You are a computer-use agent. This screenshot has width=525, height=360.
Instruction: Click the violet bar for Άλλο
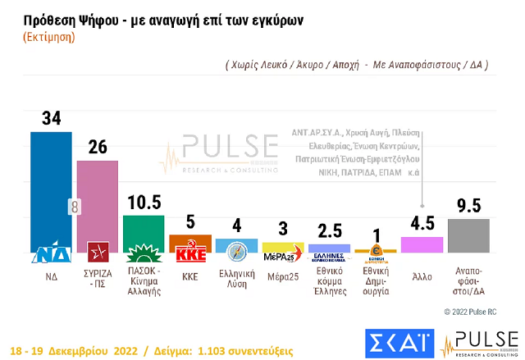click(422, 244)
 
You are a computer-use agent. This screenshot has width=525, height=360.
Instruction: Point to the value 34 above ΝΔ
click(51, 119)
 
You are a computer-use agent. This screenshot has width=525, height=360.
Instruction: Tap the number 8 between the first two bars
click(75, 207)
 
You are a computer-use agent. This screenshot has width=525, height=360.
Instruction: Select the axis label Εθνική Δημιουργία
click(375, 284)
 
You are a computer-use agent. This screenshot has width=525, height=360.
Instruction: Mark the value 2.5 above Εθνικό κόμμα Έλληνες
click(329, 230)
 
